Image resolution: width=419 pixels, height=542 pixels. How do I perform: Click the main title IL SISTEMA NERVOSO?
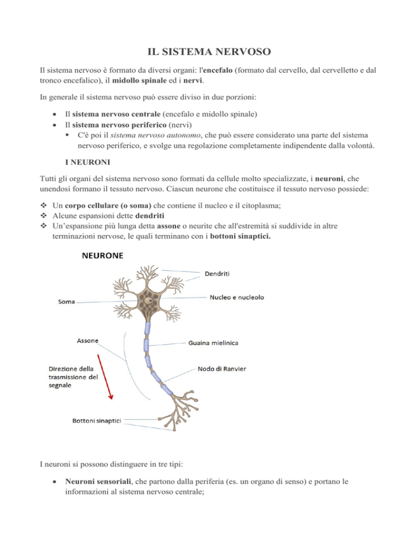tap(209, 53)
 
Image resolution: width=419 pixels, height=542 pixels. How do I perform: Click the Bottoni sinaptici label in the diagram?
tap(97, 420)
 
